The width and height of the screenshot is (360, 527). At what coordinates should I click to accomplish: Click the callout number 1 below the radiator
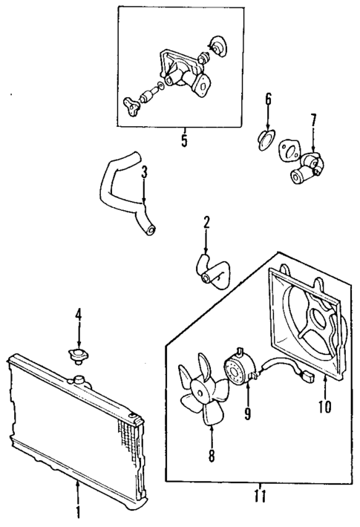(78, 513)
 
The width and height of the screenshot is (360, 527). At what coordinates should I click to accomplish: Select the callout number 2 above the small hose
(207, 221)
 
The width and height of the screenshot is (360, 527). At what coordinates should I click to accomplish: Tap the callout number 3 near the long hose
(145, 172)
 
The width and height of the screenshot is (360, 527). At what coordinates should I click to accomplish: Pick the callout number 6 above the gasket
(269, 99)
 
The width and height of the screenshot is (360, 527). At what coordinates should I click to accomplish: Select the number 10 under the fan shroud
(324, 406)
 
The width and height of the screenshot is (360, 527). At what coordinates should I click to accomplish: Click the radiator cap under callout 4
(76, 357)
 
